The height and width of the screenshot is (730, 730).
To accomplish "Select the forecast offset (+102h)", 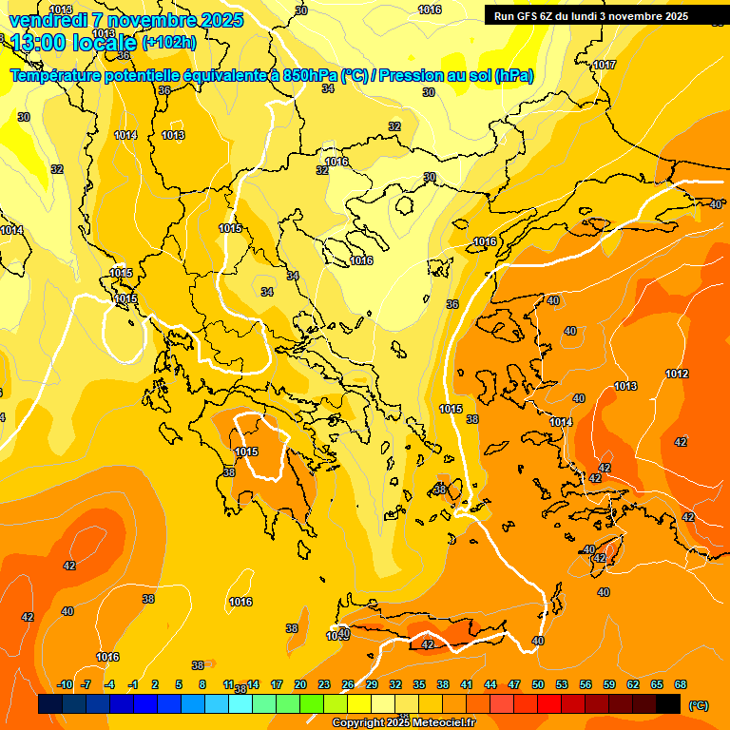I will tap(169, 42).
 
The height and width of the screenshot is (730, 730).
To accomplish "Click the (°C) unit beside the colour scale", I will tap(698, 705).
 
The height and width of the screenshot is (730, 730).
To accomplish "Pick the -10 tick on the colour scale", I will tap(65, 684).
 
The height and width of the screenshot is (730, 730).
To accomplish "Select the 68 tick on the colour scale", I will tap(681, 684).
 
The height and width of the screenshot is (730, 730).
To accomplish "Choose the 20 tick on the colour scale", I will tap(299, 684).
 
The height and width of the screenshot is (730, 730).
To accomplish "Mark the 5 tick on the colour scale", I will tap(179, 684).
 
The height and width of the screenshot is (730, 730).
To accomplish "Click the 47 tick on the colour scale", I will tap(514, 684).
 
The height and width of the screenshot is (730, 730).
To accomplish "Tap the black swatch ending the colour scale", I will tap(669, 703).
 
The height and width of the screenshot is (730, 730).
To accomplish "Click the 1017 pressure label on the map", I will tap(604, 65).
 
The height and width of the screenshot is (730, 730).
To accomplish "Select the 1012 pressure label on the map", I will tap(677, 374).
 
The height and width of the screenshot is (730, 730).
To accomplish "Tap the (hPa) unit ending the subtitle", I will tap(514, 76).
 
